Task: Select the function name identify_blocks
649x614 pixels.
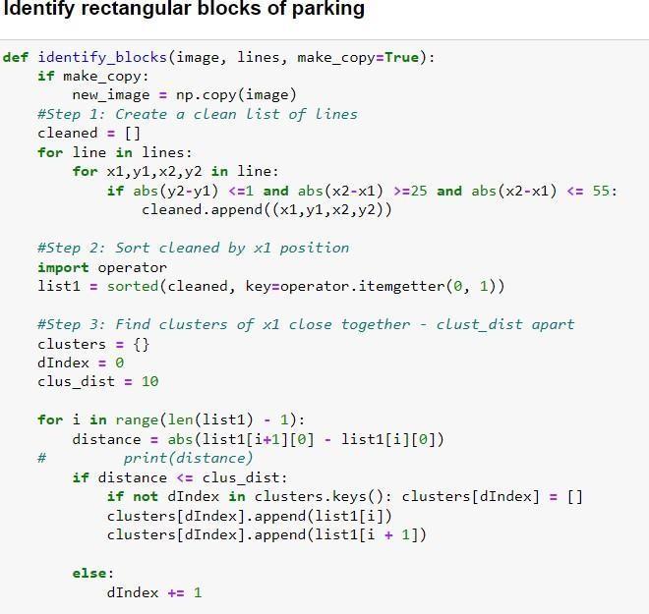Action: pos(103,57)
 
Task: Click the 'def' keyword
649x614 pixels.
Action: pos(15,57)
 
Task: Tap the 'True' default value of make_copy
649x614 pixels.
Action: pos(401,57)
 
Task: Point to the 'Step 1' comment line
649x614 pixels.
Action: pos(197,114)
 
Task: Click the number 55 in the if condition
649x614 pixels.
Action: pos(602,191)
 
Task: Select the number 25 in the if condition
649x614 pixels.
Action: pos(419,191)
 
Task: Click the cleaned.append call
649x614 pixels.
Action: pos(197,210)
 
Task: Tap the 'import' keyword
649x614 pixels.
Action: pos(63,267)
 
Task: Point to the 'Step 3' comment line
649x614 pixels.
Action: pos(305,324)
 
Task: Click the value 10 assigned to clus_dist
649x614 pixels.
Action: pos(149,382)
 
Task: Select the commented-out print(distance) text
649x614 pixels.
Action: pos(188,458)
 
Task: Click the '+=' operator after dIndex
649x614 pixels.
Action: pos(176,593)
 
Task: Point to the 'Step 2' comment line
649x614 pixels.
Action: pos(193,248)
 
